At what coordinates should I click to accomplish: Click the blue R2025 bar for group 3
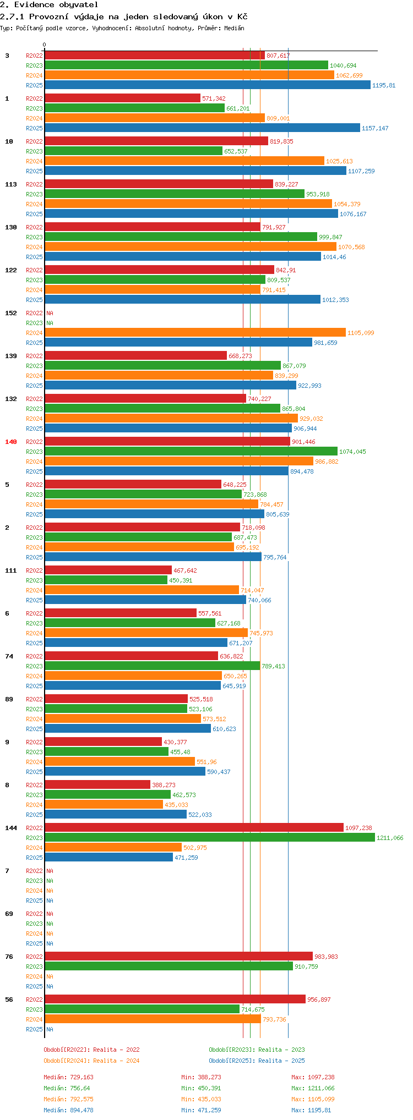coord(208,85)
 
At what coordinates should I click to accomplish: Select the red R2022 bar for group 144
coord(194,828)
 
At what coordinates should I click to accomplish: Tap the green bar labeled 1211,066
coord(209,838)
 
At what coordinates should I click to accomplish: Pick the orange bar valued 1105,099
coord(195,333)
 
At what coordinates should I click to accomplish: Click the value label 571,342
coord(214,98)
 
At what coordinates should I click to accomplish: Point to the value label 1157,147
coord(375,128)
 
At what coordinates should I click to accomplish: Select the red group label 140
coord(11,442)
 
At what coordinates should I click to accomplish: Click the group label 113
coord(11,184)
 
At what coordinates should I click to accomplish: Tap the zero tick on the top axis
coord(45,45)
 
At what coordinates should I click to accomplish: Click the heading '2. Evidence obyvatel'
coord(49,5)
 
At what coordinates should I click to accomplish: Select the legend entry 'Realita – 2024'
coord(91,1061)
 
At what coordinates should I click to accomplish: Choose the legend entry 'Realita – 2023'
coord(257,1050)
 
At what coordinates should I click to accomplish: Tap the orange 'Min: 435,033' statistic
coord(201,1099)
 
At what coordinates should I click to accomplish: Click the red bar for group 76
coord(178,957)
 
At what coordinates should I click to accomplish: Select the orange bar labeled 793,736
coord(153,1019)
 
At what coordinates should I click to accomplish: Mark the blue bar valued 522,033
coord(116,815)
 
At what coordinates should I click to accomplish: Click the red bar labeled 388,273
coord(97,785)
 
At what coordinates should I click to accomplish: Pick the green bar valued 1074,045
coord(191,452)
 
